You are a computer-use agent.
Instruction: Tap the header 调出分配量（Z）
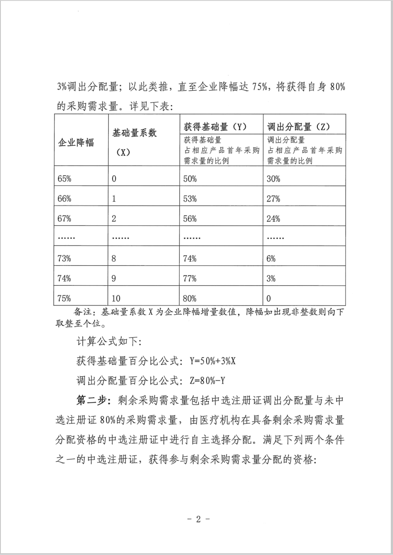pyautogui.click(x=298, y=127)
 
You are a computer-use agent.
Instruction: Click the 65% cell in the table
pyautogui.click(x=64, y=179)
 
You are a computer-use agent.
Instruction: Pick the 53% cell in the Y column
pyautogui.click(x=190, y=199)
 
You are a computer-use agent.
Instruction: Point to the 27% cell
pyautogui.click(x=273, y=199)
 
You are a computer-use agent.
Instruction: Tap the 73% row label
pyautogui.click(x=64, y=259)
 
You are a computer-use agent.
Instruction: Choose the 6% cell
pyautogui.click(x=271, y=259)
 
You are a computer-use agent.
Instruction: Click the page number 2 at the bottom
pyautogui.click(x=198, y=519)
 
